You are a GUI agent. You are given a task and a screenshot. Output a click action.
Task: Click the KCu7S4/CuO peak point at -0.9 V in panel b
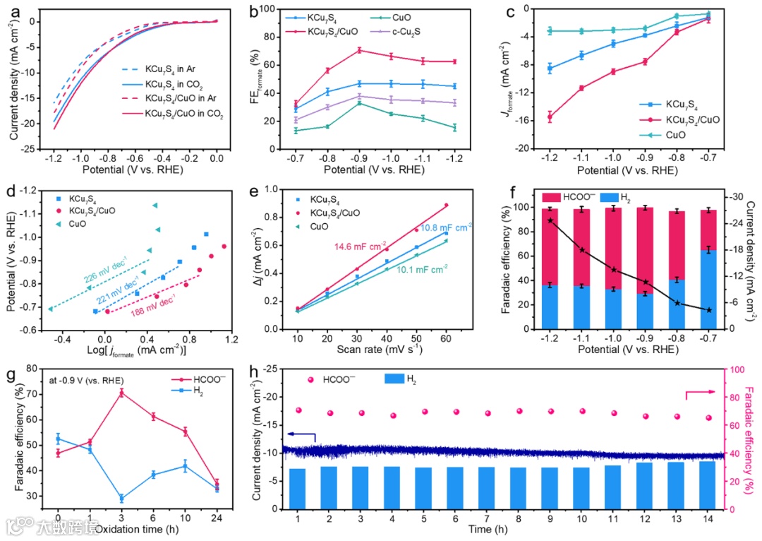359,50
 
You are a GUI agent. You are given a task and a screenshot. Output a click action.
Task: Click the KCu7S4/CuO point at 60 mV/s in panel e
446,206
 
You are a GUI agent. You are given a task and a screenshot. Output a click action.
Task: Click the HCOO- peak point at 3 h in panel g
121,392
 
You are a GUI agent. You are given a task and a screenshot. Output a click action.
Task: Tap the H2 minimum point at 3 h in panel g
121,499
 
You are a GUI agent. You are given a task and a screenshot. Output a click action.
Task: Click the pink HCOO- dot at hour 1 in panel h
298,410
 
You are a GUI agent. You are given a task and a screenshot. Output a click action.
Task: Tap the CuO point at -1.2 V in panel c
549,31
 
